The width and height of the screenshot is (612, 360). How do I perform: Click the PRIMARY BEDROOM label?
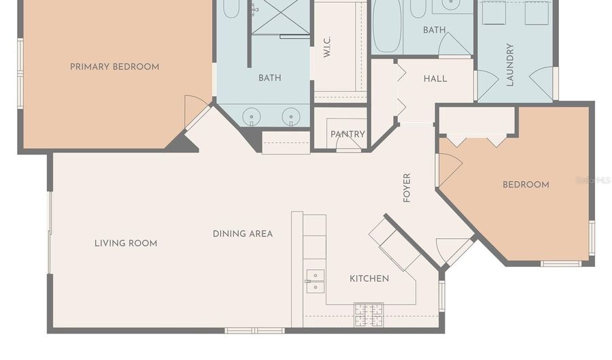coord(114,67)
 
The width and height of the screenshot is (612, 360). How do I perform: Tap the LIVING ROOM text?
coord(126,243)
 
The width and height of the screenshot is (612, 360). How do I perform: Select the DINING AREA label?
coord(243,233)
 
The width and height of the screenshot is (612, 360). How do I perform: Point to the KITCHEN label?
coord(369,278)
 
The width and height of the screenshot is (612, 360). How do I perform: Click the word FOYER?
coord(407,188)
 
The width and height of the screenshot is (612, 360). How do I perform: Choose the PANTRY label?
coord(348,134)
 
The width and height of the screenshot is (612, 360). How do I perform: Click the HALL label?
coord(435,78)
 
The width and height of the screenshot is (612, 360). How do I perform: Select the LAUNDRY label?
coord(510,65)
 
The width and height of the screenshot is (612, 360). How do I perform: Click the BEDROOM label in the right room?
coord(526,184)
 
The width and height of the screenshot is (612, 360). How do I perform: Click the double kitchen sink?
coord(315,280)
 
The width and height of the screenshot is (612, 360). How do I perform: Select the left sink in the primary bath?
coord(252,117)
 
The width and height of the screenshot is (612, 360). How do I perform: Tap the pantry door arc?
coord(348,145)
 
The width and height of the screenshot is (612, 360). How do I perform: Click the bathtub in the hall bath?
coord(386,27)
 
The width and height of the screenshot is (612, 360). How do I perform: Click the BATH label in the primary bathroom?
coord(269,78)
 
